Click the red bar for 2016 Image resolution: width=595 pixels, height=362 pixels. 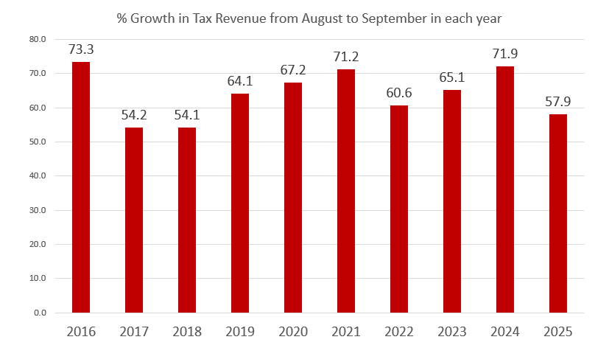coord(81,187)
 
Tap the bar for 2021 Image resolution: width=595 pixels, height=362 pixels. coord(346,191)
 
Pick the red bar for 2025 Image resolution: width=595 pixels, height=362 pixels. coord(557,213)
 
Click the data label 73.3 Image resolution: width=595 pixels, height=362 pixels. coord(81,49)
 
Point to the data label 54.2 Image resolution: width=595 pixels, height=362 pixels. coord(134,115)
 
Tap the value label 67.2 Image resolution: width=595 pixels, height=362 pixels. coord(293,70)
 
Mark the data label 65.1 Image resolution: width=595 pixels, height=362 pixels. coord(452,77)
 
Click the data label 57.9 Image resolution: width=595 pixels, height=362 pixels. coord(557,102)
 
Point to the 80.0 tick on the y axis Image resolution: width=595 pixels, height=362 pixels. coord(38,39)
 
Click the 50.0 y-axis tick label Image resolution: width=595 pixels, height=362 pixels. coord(38,142)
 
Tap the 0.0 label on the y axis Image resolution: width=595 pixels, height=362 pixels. coord(41,313)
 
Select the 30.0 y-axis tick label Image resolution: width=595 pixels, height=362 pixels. coord(38,210)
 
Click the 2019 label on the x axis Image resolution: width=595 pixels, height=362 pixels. coord(240,332)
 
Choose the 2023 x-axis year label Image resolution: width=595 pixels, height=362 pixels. coord(452,332)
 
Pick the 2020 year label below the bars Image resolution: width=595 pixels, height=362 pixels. coord(293,332)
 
